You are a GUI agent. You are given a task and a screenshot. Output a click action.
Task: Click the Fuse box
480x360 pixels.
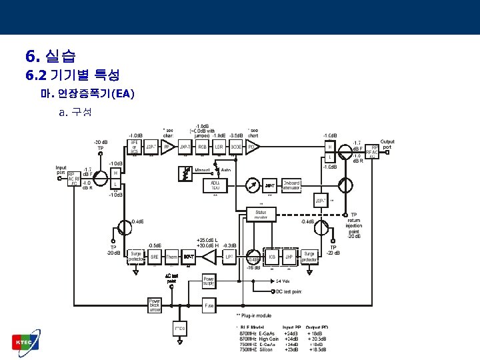tap(209, 305)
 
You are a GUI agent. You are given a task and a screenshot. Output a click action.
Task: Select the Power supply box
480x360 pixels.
tap(209, 281)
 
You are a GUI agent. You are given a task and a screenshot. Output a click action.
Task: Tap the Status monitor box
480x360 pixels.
tap(260, 214)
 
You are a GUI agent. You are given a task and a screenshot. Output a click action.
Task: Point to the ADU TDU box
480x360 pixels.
tap(215, 185)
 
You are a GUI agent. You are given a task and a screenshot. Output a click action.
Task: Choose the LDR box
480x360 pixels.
tap(219, 147)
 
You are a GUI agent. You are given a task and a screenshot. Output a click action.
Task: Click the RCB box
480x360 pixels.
tap(202, 147)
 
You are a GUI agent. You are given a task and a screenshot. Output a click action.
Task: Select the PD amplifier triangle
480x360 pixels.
tap(253, 147)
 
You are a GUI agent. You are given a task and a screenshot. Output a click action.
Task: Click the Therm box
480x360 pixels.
tap(172, 256)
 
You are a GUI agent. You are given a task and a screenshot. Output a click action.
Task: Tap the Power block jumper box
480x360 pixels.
tap(155, 305)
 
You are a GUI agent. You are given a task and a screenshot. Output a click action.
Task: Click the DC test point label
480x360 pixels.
tap(288, 291)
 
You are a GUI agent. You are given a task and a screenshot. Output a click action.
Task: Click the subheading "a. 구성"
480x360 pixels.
tap(75, 112)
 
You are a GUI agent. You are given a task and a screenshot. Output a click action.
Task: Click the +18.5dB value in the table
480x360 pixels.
tap(317, 350)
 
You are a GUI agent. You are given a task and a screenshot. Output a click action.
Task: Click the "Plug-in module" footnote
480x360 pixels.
tap(257, 315)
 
